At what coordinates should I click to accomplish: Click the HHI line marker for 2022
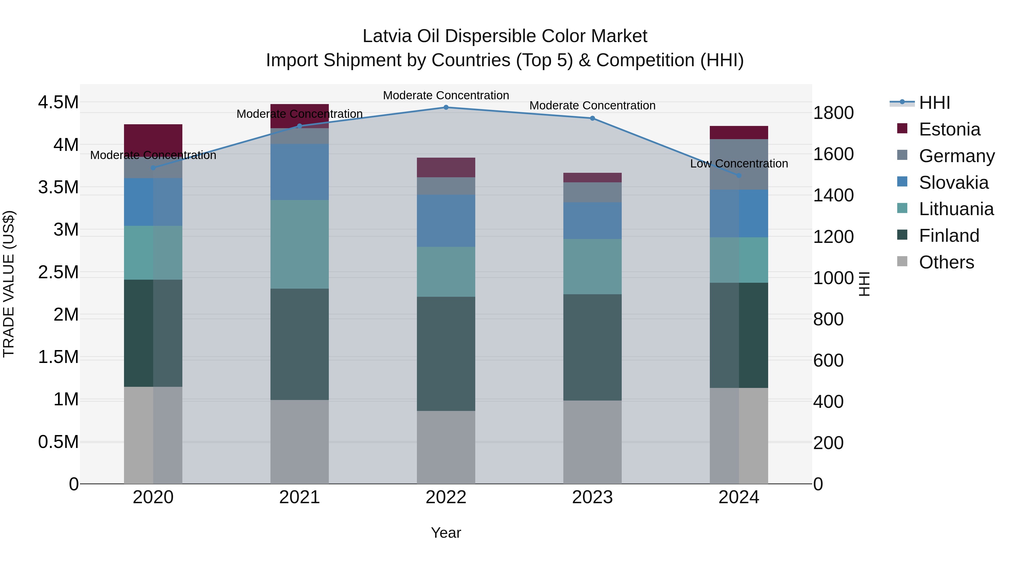point(446,107)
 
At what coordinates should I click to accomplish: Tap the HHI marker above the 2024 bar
point(739,176)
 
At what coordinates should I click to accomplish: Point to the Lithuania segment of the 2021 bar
point(300,244)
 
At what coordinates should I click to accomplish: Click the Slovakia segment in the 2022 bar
point(446,221)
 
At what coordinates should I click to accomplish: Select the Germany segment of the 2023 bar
point(593,192)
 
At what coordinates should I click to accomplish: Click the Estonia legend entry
point(949,129)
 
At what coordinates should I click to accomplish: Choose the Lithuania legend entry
point(956,209)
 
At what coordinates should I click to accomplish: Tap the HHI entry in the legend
point(934,103)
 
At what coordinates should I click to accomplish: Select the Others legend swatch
point(902,261)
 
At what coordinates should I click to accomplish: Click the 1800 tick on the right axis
point(833,113)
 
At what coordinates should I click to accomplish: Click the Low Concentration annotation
point(739,164)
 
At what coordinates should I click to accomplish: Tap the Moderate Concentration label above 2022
point(446,95)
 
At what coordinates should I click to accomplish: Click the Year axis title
point(446,533)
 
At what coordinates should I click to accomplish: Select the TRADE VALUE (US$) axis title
point(9,284)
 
